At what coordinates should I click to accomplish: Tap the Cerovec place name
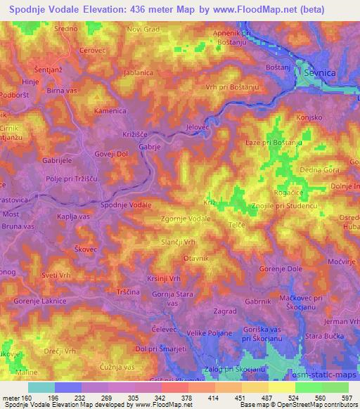[92, 51]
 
